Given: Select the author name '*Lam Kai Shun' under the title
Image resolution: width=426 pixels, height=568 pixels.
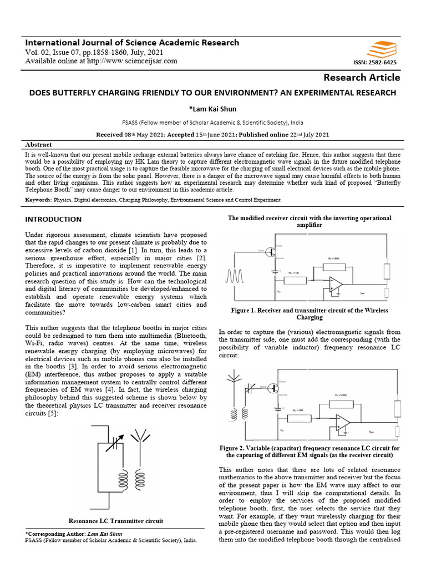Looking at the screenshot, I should [x=213, y=108].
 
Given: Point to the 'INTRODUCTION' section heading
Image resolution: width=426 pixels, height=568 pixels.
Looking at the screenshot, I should [x=53, y=219].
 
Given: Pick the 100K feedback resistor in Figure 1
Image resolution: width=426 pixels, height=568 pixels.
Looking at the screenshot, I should [x=333, y=261].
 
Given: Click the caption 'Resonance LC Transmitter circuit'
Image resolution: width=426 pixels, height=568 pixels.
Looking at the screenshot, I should [x=115, y=521].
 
